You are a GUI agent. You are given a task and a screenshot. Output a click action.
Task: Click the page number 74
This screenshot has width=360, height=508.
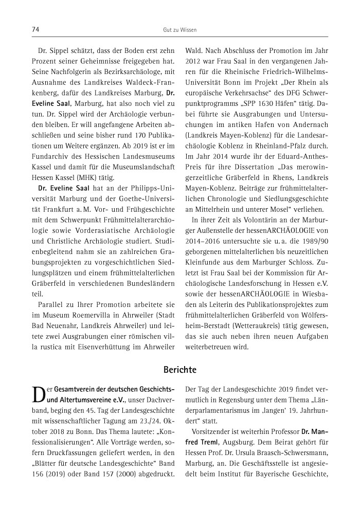(35, 30)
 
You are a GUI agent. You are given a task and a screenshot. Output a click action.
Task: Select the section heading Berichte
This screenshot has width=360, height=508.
(179, 370)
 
